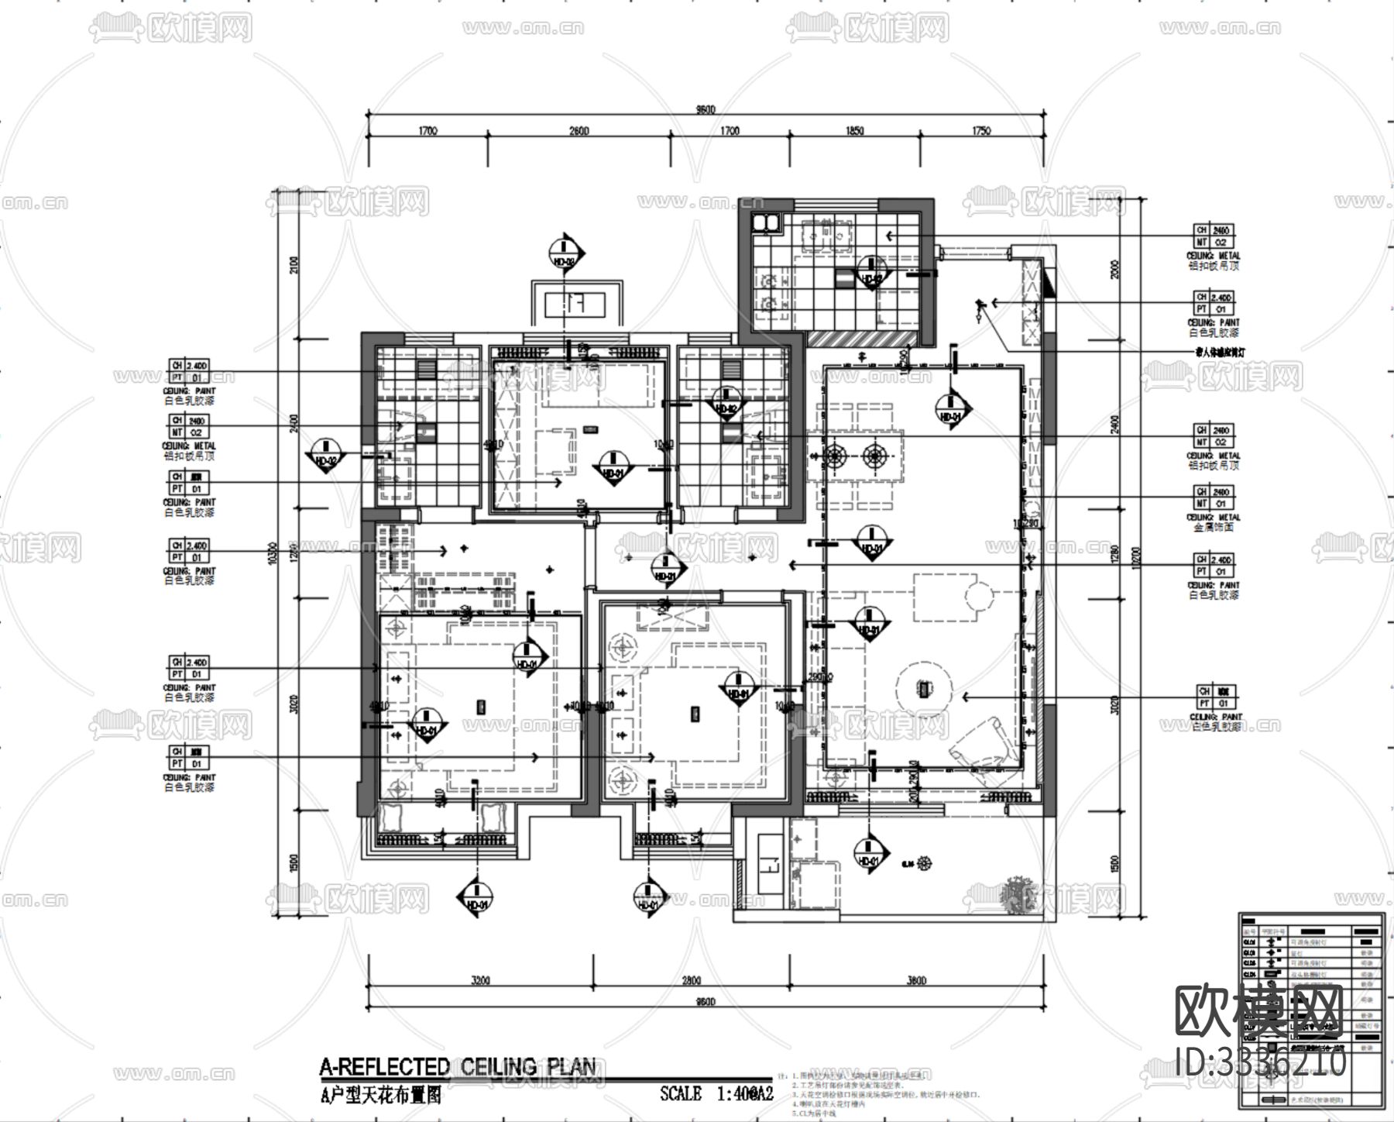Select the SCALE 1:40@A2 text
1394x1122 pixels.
tap(716, 1093)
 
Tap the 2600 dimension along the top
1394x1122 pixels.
tap(579, 131)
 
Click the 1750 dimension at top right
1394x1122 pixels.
tap(980, 131)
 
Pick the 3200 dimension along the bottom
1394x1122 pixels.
tap(480, 980)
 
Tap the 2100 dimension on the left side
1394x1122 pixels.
tap(293, 266)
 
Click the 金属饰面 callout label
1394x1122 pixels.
tap(1214, 527)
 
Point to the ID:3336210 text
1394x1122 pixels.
tap(1260, 1062)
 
